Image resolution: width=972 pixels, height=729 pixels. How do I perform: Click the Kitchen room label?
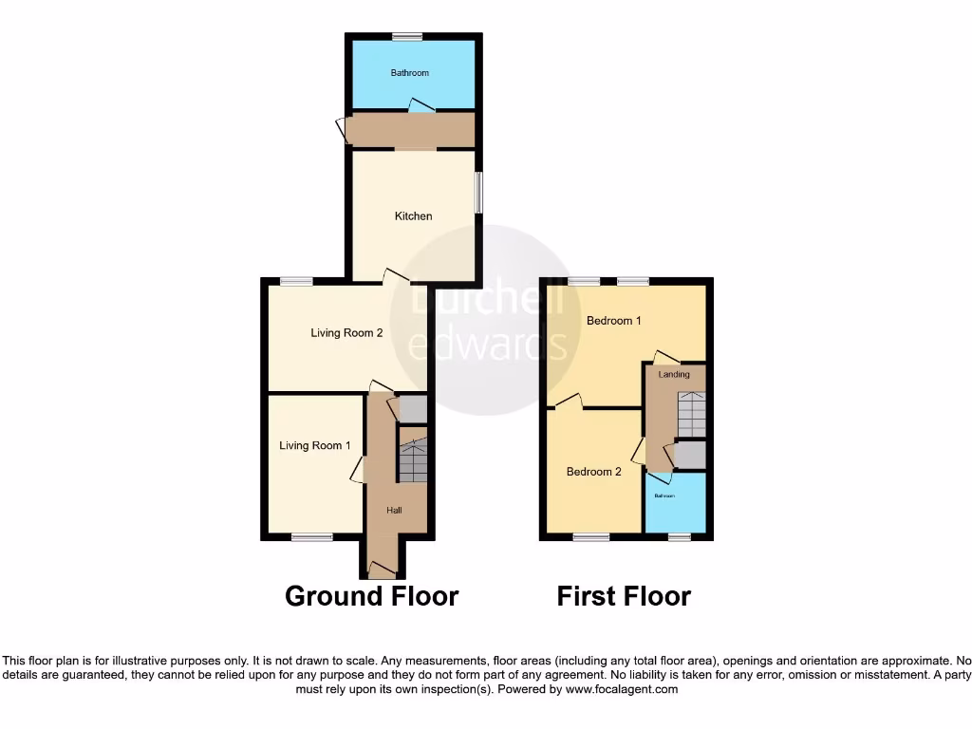click(413, 216)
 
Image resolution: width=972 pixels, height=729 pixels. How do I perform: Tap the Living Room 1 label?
click(315, 445)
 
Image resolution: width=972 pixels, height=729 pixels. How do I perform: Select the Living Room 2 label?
click(346, 333)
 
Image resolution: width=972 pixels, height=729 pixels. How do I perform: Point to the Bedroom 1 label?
click(613, 321)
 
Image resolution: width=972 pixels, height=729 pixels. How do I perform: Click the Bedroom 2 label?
click(594, 472)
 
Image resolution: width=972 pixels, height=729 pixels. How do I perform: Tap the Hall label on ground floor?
click(394, 511)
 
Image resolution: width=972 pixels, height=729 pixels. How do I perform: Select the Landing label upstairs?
click(674, 375)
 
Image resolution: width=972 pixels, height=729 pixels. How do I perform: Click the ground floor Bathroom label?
click(410, 73)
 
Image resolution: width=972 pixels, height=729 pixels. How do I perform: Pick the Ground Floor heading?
click(372, 596)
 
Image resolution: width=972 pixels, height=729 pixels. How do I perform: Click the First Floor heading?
click(624, 596)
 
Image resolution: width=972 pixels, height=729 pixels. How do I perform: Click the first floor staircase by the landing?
click(691, 415)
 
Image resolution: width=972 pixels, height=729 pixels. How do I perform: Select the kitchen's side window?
click(478, 192)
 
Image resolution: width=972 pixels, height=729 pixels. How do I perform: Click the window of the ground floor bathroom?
click(408, 37)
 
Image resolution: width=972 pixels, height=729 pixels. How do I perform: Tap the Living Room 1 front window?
click(311, 538)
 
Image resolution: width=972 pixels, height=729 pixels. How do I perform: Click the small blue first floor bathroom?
click(675, 503)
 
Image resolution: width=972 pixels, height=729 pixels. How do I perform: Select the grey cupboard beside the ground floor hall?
click(413, 409)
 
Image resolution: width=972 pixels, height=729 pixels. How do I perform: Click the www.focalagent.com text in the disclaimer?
click(622, 689)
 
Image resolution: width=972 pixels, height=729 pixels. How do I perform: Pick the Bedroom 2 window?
click(590, 538)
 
